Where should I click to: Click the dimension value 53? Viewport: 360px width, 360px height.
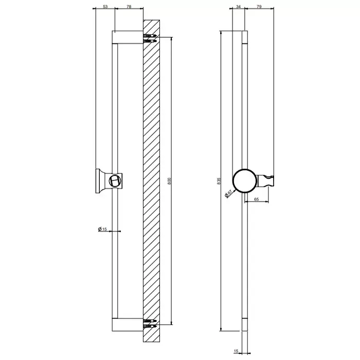[x=105, y=7]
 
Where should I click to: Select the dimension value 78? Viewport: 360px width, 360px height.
[x=129, y=7]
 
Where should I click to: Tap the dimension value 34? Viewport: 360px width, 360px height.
[x=238, y=7]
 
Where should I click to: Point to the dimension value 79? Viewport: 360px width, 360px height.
[x=259, y=7]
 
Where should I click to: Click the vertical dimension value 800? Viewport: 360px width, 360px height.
[x=169, y=181]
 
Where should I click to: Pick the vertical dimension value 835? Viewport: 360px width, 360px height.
[x=219, y=181]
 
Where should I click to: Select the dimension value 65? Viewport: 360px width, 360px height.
[x=257, y=199]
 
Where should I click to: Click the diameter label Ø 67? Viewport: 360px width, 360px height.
[x=228, y=193]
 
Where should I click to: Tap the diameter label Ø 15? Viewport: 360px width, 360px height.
[x=102, y=229]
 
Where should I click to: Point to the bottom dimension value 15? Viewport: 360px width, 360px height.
[x=236, y=351]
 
